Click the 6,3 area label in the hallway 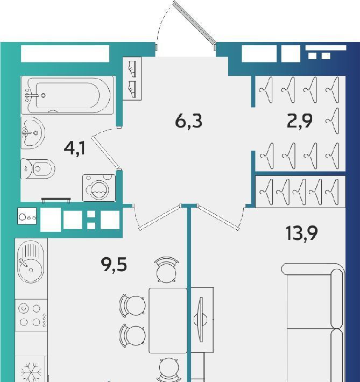pyautogui.click(x=189, y=121)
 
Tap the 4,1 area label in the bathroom pyautogui.click(x=75, y=148)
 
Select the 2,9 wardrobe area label pyautogui.click(x=300, y=121)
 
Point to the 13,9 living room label pyautogui.click(x=301, y=233)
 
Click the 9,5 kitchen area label pyautogui.click(x=114, y=265)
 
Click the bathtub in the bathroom pyautogui.click(x=67, y=95)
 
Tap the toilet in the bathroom pyautogui.click(x=38, y=168)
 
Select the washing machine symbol pyautogui.click(x=99, y=188)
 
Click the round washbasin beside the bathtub pyautogui.click(x=33, y=133)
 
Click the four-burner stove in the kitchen pyautogui.click(x=31, y=315)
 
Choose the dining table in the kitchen pyautogui.click(x=168, y=320)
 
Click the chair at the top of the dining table pyautogui.click(x=166, y=270)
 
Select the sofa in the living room pyautogui.click(x=313, y=322)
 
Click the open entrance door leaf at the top pyautogui.click(x=194, y=22)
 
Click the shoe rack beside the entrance pyautogui.click(x=132, y=79)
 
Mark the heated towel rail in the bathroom pyautogui.click(x=56, y=200)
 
